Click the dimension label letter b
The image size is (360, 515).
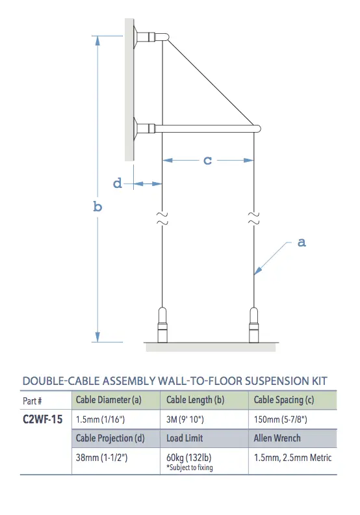coord(97,207)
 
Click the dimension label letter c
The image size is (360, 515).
coord(208,160)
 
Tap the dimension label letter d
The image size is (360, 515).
coord(118,183)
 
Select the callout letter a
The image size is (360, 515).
coord(302,243)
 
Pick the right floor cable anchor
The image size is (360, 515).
coord(254,324)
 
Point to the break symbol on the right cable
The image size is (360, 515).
coord(254,218)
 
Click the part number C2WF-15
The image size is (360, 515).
coord(42,419)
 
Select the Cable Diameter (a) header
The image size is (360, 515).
coord(109,400)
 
